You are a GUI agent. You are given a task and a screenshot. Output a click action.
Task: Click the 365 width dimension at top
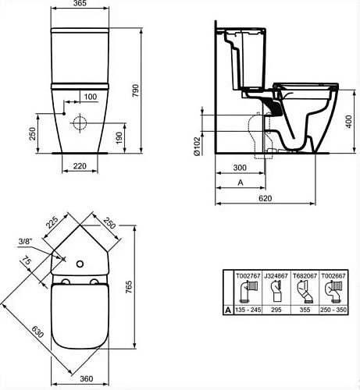coord(80,3)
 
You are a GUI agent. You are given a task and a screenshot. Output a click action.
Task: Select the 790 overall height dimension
coord(135,90)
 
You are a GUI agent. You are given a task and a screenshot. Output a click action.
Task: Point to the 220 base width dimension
coord(80,166)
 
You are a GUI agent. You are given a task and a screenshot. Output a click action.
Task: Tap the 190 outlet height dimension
coord(119,138)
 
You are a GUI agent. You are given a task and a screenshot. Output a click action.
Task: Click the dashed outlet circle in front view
coord(80,122)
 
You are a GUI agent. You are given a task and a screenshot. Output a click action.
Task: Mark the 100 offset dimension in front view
coord(91,97)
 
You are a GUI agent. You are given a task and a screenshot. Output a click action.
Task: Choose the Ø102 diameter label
coord(198,146)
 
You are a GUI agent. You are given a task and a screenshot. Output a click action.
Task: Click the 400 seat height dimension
coord(349,122)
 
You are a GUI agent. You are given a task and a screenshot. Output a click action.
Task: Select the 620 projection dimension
coord(265,198)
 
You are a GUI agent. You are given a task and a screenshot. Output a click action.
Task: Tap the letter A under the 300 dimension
coord(241,183)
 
